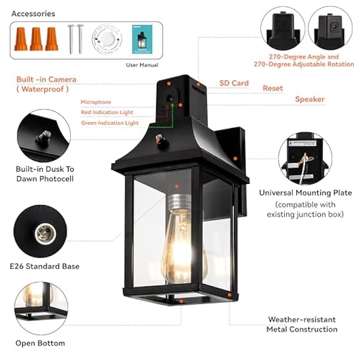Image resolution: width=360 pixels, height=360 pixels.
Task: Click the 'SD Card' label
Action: [x=234, y=83]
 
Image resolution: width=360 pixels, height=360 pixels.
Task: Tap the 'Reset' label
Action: [x=272, y=88]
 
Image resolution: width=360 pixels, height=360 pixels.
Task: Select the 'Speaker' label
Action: [x=310, y=99]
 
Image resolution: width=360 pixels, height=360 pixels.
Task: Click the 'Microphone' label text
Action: [x=96, y=102]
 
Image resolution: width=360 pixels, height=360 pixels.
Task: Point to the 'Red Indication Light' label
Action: [x=107, y=112]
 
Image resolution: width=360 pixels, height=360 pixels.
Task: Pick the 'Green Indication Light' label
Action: [x=110, y=123]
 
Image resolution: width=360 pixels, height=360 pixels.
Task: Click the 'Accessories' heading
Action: [x=33, y=13]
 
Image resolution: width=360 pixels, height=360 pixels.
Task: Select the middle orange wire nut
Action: [x=37, y=39]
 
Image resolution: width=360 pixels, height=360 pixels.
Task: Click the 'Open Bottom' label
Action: [x=40, y=343]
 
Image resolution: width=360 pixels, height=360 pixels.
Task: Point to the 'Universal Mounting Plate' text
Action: [x=305, y=193]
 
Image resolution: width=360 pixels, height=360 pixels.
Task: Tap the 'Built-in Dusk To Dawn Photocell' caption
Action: [x=45, y=173]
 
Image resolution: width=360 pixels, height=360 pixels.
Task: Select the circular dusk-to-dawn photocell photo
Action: [x=43, y=136]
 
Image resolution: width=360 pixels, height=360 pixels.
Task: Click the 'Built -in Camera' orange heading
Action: [x=47, y=80]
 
